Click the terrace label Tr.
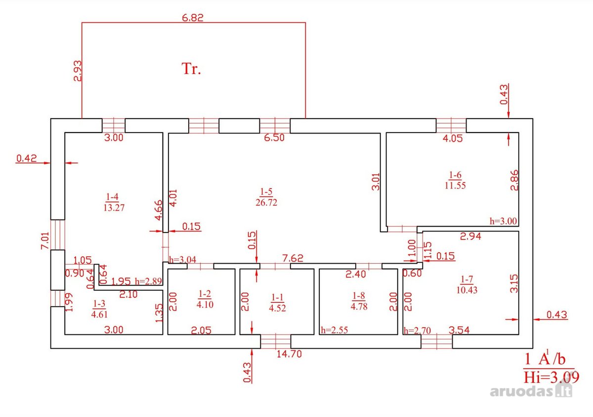(191, 69)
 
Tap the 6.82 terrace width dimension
(193, 18)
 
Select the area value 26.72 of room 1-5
(266, 202)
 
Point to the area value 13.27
(114, 208)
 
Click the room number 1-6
(455, 175)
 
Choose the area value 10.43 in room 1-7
(466, 290)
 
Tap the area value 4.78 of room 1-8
(359, 306)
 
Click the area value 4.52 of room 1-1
(277, 308)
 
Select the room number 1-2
(205, 293)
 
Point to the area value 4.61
(99, 314)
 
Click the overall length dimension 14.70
(289, 354)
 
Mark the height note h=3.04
(183, 259)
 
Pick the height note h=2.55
(335, 330)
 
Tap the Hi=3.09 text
(551, 377)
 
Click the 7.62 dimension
(293, 258)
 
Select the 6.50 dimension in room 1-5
(274, 138)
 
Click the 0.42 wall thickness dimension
(27, 158)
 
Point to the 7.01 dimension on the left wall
(45, 240)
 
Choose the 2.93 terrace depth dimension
(78, 71)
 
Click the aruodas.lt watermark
(531, 391)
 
